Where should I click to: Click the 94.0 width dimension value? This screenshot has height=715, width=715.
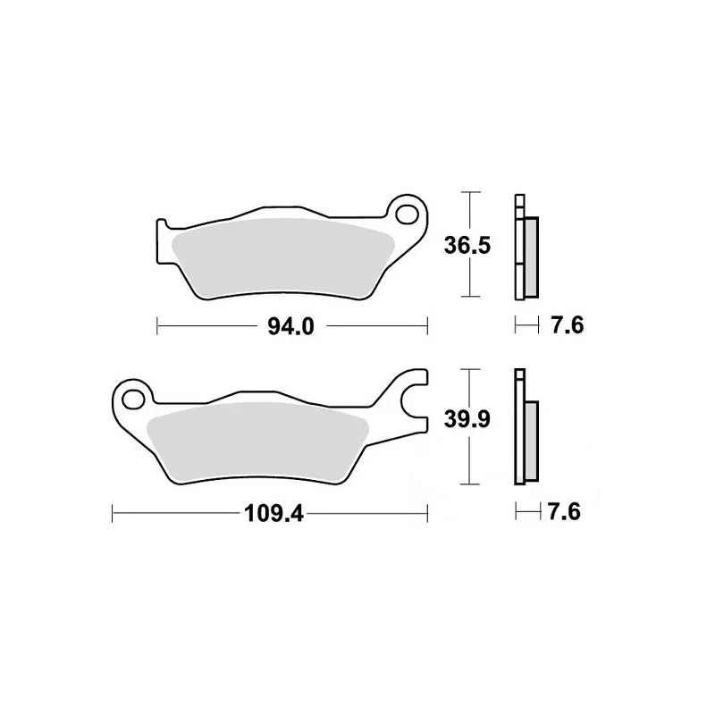click(291, 326)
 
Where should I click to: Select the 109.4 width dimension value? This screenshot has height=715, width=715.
click(273, 514)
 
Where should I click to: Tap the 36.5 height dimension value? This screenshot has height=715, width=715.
click(467, 246)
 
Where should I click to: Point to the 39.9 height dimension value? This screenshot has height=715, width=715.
click(467, 419)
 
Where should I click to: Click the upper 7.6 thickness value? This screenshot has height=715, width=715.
click(567, 325)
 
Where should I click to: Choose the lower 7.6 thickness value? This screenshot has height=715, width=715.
click(564, 511)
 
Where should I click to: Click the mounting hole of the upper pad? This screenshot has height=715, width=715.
click(408, 214)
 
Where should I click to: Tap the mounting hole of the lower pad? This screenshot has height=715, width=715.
click(132, 399)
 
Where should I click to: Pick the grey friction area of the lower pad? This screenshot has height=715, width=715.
click(257, 440)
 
